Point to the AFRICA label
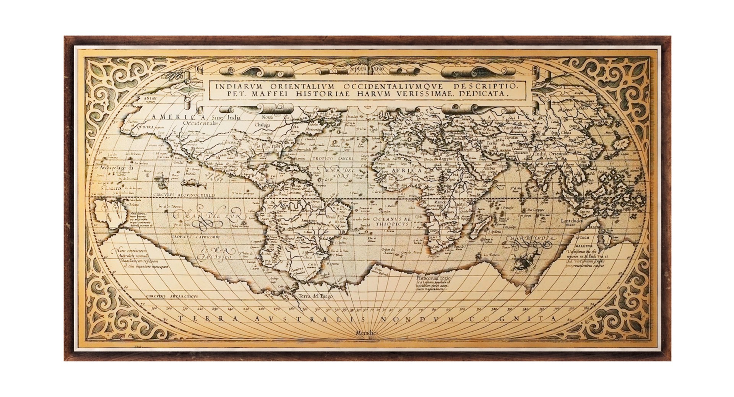pyautogui.click(x=406, y=170)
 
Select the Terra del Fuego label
pyautogui.click(x=316, y=296)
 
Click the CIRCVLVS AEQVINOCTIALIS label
pyautogui.click(x=184, y=195)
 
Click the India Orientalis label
pyautogui.click(x=552, y=154)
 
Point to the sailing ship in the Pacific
pyautogui.click(x=161, y=179)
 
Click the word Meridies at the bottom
pyautogui.click(x=367, y=334)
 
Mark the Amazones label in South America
pyautogui.click(x=308, y=221)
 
